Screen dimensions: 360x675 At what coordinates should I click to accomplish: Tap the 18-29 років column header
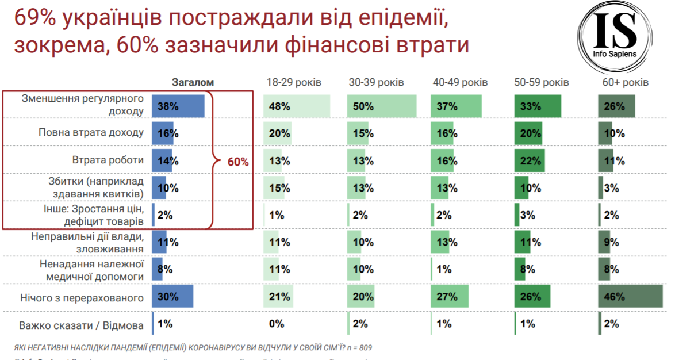[293, 82]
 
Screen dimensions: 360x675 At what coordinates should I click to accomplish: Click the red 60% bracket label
[238, 162]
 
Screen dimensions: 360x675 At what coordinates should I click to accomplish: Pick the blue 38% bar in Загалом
[178, 106]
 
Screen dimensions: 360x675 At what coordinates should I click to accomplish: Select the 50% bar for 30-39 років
[381, 106]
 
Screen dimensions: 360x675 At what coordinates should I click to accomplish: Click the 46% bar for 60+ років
[630, 297]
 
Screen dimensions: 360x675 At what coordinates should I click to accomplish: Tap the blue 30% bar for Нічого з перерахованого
[172, 297]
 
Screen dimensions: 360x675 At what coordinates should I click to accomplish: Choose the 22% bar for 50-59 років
[529, 160]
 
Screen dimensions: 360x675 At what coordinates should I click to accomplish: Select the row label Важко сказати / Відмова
[81, 325]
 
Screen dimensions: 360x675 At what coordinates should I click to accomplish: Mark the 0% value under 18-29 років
[276, 324]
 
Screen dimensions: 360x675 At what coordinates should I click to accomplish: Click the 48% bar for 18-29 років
[297, 106]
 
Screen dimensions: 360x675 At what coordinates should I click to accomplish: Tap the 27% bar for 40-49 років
[449, 297]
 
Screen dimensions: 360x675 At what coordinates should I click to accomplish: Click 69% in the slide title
[35, 19]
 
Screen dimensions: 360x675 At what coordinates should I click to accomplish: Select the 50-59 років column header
[541, 82]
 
